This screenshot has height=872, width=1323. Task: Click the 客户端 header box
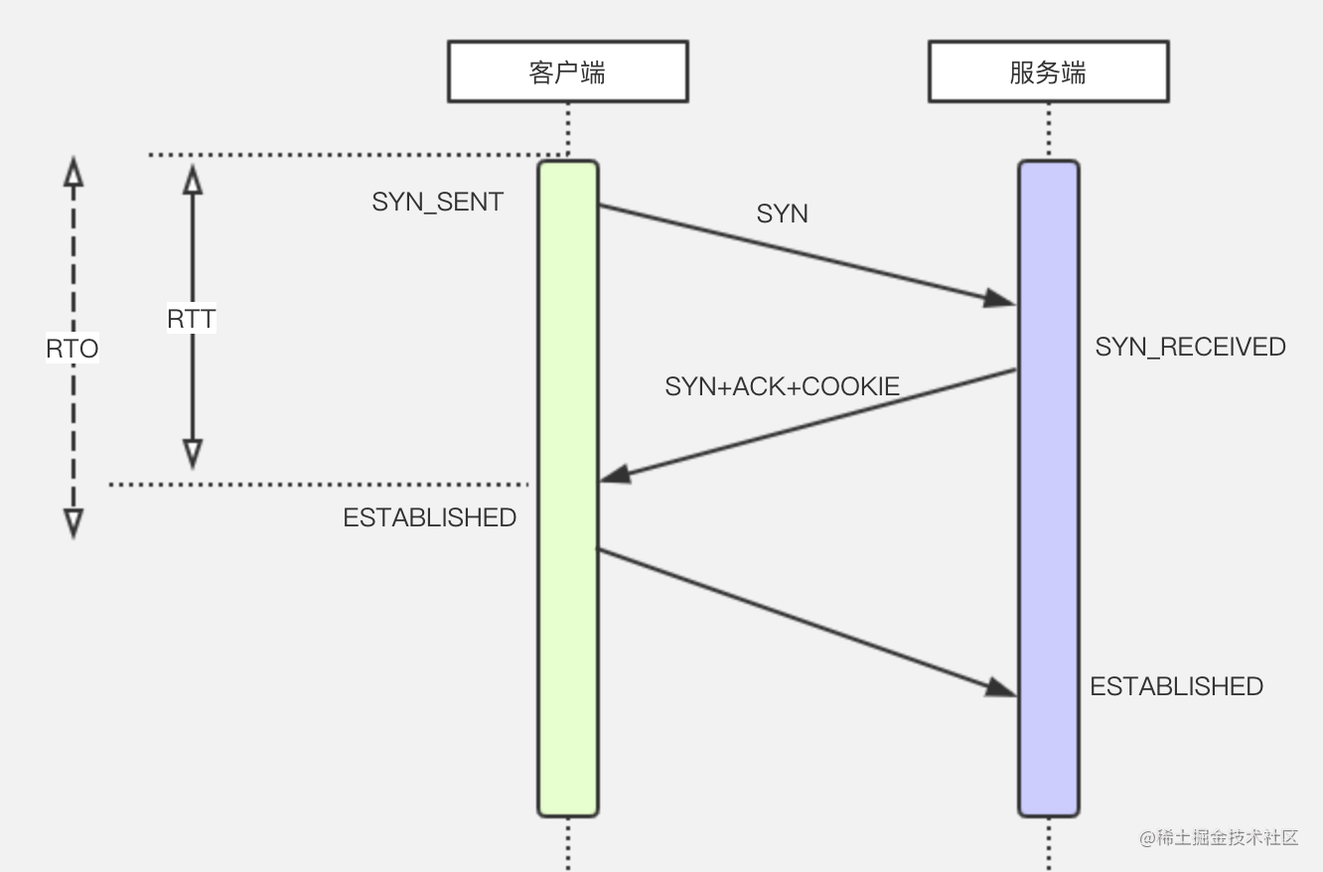(567, 72)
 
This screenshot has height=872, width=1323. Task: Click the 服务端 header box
(1048, 72)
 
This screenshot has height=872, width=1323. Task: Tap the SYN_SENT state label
(438, 202)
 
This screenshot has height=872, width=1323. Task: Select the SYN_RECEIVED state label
(1190, 347)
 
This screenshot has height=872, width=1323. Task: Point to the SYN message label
(782, 214)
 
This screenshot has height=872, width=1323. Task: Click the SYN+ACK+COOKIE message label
(783, 386)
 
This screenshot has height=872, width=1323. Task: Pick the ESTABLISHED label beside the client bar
(430, 517)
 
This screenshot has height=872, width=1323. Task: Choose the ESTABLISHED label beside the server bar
(1176, 686)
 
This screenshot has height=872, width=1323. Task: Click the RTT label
(192, 319)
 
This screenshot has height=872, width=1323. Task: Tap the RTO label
(73, 349)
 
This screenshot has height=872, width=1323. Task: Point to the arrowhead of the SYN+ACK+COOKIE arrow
(615, 476)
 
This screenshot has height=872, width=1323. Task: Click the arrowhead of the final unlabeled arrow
(1001, 687)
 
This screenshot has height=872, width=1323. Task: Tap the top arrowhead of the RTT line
(193, 179)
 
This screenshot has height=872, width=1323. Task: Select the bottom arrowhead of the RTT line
(193, 454)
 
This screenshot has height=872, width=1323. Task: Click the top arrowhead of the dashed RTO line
(73, 171)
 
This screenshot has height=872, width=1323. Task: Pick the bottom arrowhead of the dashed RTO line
(73, 523)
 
